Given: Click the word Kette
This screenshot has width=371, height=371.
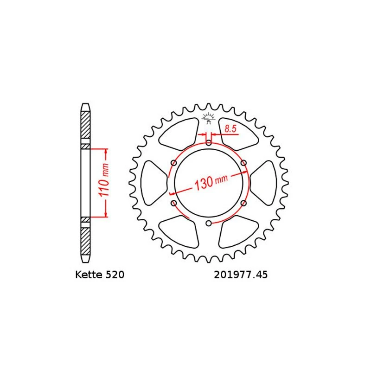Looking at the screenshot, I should click(x=89, y=275).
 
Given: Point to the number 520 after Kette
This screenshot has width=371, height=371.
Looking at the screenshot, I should click(x=115, y=275).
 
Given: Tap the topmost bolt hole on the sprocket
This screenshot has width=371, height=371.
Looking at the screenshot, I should click(x=209, y=142).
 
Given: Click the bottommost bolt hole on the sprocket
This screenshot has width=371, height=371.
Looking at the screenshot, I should click(x=209, y=224).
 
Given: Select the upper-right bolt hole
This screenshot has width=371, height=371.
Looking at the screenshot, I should click(x=244, y=163).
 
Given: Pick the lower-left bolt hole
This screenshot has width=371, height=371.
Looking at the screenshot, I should click(x=173, y=204).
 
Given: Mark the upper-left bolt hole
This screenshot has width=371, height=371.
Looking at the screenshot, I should click(x=173, y=163).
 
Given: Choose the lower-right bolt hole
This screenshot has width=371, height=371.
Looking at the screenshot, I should click(x=244, y=204).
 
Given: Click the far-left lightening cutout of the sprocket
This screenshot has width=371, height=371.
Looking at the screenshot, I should click(x=152, y=183).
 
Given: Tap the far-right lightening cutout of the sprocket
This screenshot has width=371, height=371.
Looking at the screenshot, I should click(x=266, y=183).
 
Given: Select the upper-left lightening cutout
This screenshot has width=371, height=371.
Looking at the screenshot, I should click(x=179, y=133).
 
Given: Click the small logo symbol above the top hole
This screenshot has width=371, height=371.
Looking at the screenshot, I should click(x=209, y=118).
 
